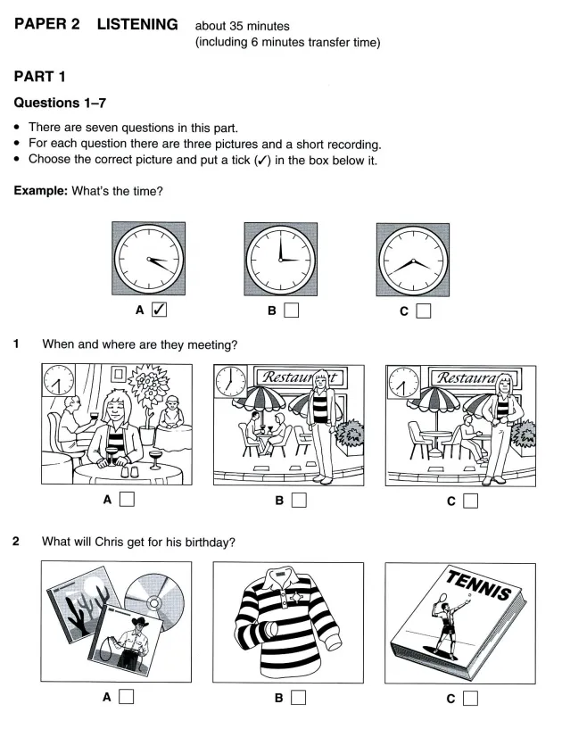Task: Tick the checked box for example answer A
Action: [159, 309]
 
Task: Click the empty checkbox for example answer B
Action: [291, 311]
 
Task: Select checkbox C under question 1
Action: [470, 501]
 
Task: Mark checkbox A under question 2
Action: [127, 697]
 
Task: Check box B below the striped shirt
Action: [299, 698]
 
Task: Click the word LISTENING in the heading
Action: [137, 24]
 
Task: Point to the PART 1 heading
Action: [39, 76]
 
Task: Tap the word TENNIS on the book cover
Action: [479, 584]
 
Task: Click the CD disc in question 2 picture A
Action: [155, 602]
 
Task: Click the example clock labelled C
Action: [413, 260]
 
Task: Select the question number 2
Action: [16, 541]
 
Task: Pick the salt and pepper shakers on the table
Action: [129, 472]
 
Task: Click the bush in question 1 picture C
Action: [524, 434]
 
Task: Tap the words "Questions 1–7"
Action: [60, 103]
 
